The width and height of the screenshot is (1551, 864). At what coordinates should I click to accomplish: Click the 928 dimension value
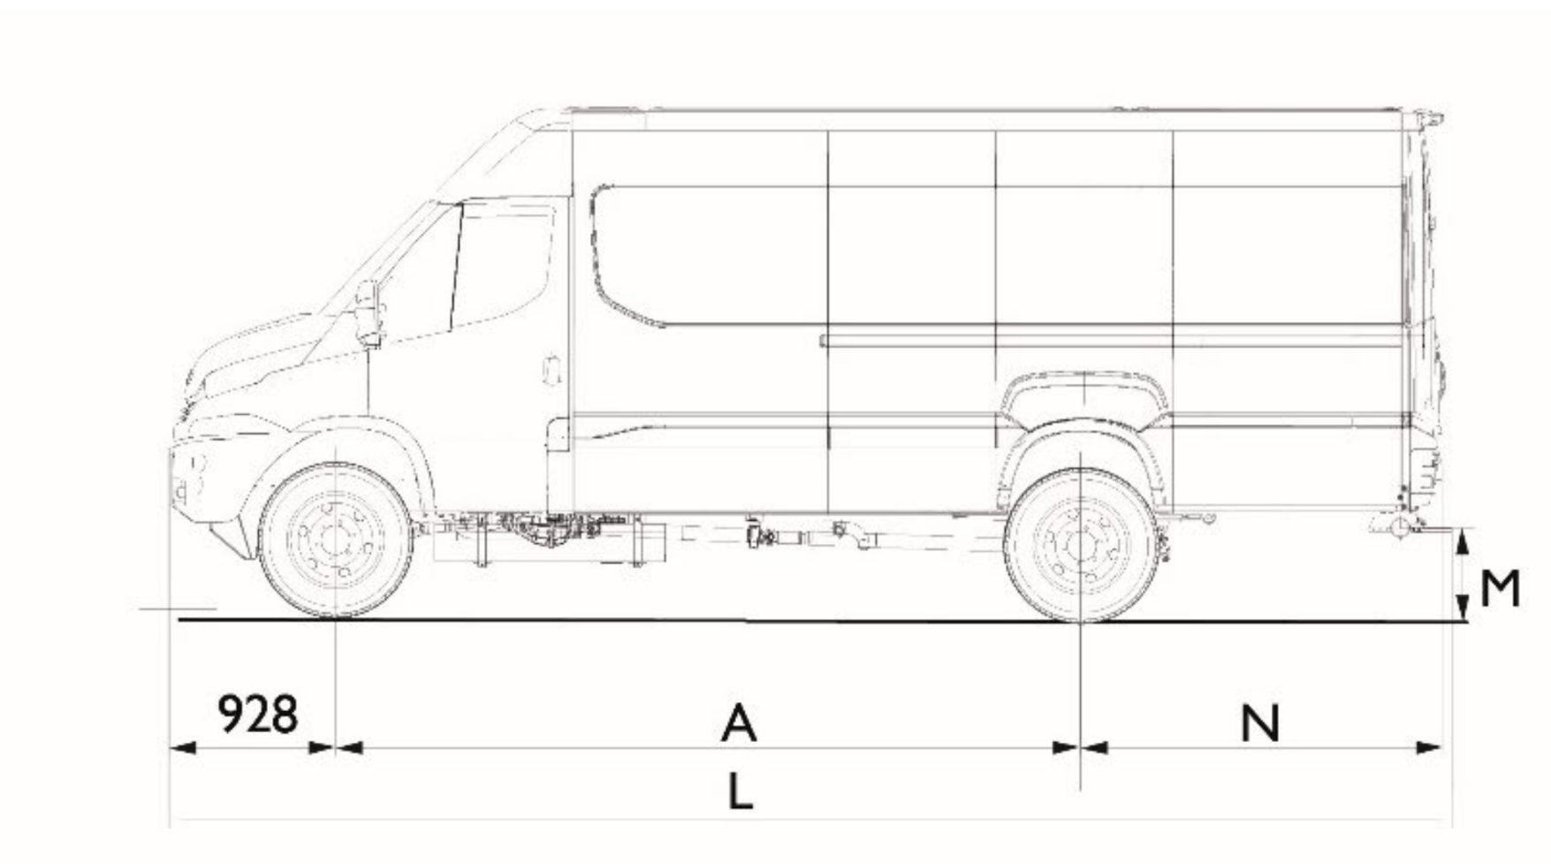(258, 714)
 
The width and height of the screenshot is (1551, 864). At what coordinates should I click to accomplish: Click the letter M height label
(1499, 589)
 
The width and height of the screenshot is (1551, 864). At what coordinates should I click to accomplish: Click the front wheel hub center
(335, 540)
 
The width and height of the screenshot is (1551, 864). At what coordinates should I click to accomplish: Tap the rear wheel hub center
(1081, 546)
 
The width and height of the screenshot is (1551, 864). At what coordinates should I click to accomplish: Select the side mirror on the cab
(368, 313)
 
